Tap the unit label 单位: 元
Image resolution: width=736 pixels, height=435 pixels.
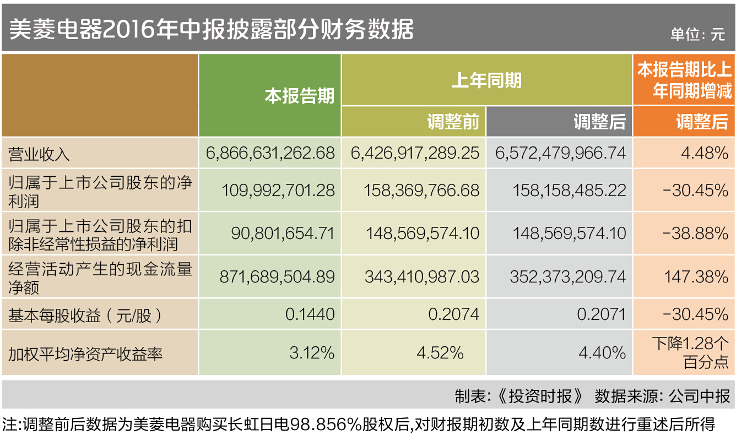697,34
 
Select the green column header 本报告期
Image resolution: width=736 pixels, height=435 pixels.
300,96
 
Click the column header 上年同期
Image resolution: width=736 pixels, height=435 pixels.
486,81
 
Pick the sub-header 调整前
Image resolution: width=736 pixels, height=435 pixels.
453,122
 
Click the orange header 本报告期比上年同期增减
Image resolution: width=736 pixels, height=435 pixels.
684,80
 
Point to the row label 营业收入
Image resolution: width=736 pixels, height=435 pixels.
39,154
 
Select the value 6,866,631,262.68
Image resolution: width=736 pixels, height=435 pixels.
270,153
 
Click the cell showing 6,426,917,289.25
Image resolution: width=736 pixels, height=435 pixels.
415,153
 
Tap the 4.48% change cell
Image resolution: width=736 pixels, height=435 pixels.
705,153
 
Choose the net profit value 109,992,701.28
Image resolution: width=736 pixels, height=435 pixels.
278,191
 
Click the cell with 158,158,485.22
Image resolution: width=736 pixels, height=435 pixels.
569,191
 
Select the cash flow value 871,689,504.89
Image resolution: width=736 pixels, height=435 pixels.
277,276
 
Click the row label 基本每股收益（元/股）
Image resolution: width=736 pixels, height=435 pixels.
86,316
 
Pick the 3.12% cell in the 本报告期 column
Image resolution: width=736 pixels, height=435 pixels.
312,352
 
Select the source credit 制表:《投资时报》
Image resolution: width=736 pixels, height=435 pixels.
518,396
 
